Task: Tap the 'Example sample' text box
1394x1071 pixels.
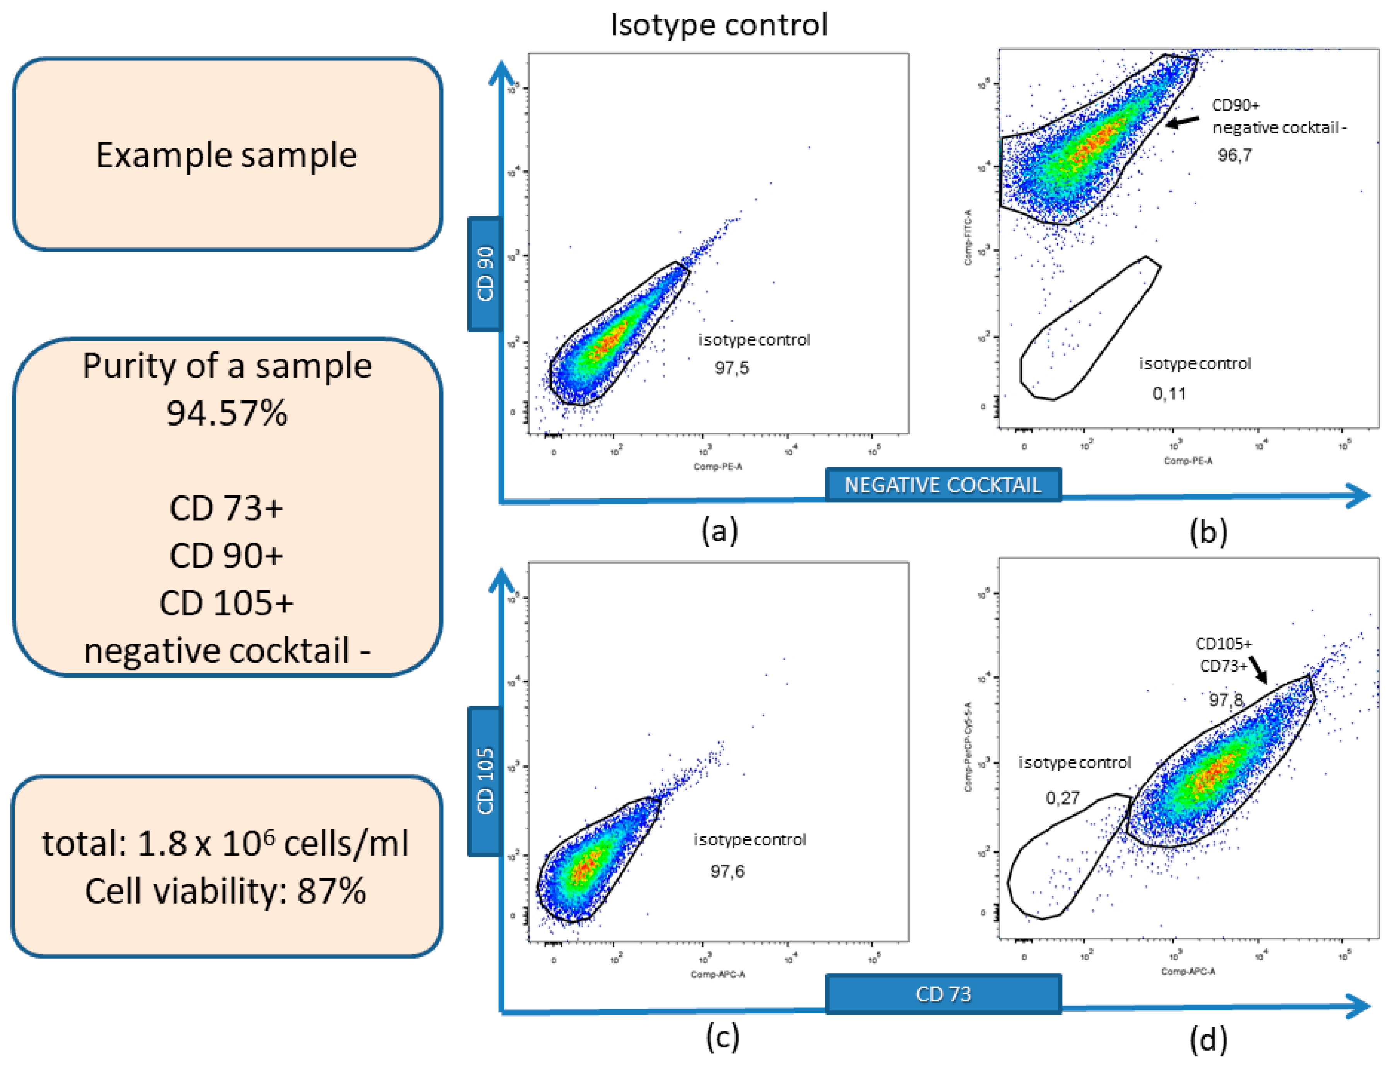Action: tap(227, 155)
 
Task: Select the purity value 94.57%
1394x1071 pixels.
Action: tap(227, 412)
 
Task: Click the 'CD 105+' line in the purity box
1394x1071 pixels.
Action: tap(227, 603)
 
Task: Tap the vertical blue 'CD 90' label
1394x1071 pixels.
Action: tap(485, 274)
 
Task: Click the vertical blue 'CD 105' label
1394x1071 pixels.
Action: tap(485, 781)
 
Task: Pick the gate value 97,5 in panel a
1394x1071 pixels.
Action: tap(731, 368)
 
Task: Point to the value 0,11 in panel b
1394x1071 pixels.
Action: tap(1169, 393)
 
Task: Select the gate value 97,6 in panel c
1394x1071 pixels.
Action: tap(727, 871)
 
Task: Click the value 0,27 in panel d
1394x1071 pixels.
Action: tap(1062, 797)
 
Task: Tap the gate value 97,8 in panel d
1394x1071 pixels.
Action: tap(1226, 700)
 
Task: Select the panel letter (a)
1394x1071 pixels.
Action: tap(719, 530)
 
